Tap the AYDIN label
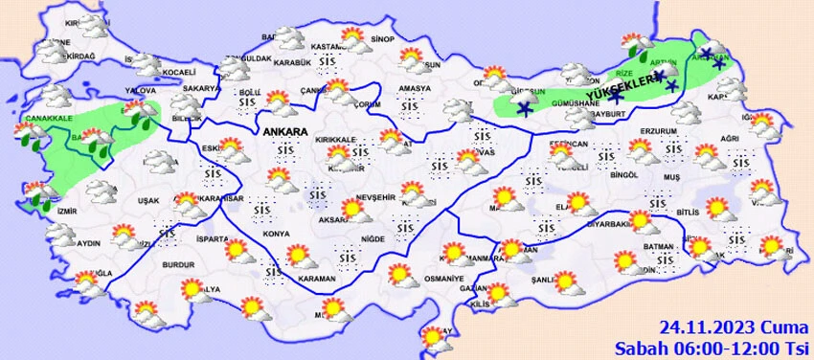[x=88, y=243]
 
